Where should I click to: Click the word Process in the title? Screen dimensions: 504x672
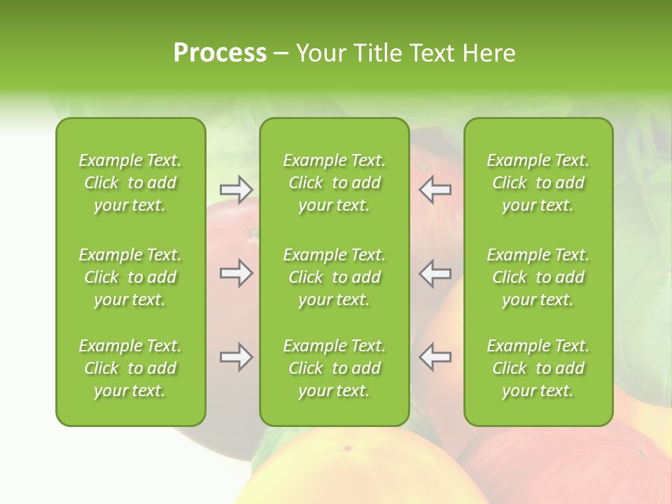pyautogui.click(x=220, y=53)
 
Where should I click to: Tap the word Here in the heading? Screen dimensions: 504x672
pyautogui.click(x=489, y=53)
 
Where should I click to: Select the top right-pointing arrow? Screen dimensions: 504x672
pyautogui.click(x=237, y=189)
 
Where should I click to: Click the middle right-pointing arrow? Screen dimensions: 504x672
pyautogui.click(x=237, y=273)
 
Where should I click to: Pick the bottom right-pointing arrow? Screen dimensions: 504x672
pyautogui.click(x=237, y=357)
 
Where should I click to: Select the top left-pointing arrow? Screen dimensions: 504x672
pyautogui.click(x=435, y=189)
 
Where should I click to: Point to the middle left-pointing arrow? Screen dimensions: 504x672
pyautogui.click(x=435, y=273)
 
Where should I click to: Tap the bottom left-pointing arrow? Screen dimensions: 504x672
pyautogui.click(x=435, y=357)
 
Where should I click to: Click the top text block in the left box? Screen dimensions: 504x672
pyautogui.click(x=130, y=183)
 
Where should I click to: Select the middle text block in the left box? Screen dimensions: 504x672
pyautogui.click(x=130, y=277)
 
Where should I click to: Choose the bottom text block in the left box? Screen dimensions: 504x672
pyautogui.click(x=130, y=368)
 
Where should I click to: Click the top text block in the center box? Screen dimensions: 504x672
pyautogui.click(x=334, y=183)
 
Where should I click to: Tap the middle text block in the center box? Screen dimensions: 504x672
pyautogui.click(x=334, y=277)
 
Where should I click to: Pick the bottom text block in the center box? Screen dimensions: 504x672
pyautogui.click(x=334, y=368)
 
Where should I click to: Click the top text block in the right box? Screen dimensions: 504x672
pyautogui.click(x=538, y=183)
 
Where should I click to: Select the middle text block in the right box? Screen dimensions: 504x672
pyautogui.click(x=538, y=277)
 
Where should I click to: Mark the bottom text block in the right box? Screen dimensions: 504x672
pyautogui.click(x=538, y=368)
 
